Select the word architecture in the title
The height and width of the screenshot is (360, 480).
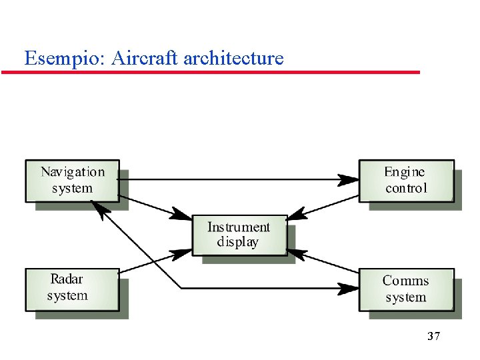[233, 58]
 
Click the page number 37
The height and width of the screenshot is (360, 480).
[433, 336]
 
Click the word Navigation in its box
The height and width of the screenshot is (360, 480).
[73, 172]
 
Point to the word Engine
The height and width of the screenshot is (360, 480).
[405, 172]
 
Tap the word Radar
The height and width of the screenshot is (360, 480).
[67, 279]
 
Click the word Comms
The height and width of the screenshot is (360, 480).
[405, 281]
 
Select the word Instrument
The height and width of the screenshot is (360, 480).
[239, 227]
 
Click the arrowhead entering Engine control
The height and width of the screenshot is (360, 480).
[349, 179]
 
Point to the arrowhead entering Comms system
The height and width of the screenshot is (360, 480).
[349, 289]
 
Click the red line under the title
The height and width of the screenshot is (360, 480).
[211, 72]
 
